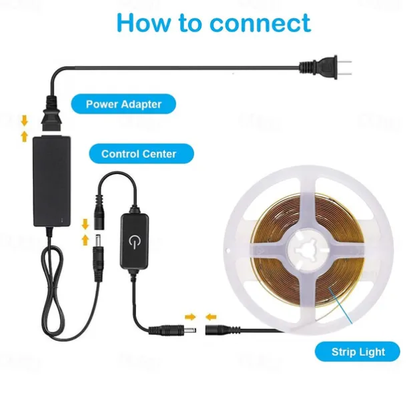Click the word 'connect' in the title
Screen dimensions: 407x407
260,23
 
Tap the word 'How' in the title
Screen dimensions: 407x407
143,23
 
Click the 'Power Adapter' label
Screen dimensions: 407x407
123,104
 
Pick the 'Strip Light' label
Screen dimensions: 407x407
358,352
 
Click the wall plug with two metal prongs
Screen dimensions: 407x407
326,67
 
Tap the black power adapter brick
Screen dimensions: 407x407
51,181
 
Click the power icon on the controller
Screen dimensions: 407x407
134,242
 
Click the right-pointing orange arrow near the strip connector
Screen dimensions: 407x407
191,317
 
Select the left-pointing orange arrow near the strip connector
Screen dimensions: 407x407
211,317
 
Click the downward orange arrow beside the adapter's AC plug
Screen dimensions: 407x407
25,121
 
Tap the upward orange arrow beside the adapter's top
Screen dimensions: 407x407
25,136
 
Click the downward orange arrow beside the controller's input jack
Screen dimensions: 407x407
85,224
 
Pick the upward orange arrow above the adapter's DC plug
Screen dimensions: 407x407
85,240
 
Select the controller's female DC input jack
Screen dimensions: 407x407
99,212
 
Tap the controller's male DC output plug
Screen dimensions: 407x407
172,330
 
